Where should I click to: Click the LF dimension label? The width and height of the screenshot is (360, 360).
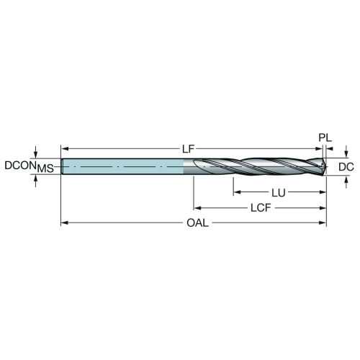[188, 149]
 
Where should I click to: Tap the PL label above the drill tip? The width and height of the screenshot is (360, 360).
[325, 138]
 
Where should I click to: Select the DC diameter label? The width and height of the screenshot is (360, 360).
[346, 167]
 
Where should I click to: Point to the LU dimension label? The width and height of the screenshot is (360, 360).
[279, 193]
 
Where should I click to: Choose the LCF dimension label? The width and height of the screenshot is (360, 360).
[261, 208]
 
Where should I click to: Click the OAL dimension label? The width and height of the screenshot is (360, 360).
[198, 223]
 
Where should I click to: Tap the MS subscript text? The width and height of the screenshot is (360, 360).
[45, 168]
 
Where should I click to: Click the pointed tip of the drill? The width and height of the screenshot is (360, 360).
[326, 166]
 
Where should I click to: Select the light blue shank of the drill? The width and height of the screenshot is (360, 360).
[123, 166]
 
